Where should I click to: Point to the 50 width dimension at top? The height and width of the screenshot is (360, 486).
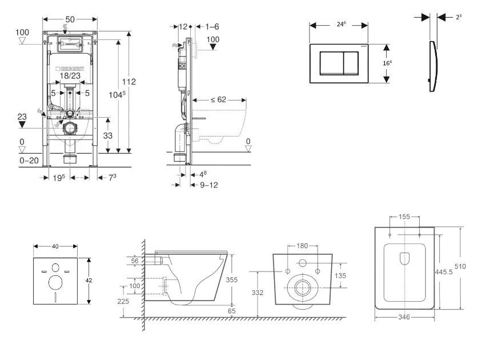pyautogui.click(x=69, y=13)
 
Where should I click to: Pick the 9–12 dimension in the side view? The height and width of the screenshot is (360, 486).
pyautogui.click(x=208, y=185)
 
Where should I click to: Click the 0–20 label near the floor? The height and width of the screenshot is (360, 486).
pyautogui.click(x=29, y=161)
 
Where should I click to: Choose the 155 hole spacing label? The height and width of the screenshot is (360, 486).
pyautogui.click(x=404, y=218)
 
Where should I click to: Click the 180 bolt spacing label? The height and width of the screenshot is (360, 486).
pyautogui.click(x=302, y=246)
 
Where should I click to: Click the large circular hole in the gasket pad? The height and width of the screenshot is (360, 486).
pyautogui.click(x=56, y=283)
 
